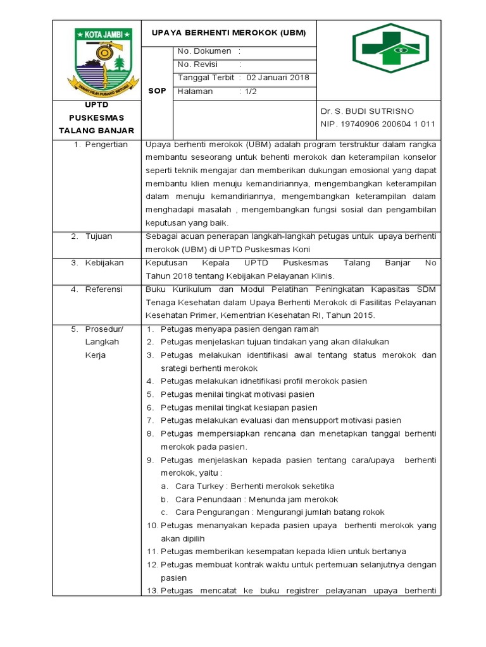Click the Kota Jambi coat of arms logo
tap(103, 59)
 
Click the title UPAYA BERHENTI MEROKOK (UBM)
tap(228, 33)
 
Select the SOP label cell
tap(157, 91)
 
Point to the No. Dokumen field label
tap(204, 51)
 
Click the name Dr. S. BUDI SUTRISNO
tap(367, 111)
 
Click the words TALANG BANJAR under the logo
tap(96, 131)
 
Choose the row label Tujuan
tap(99, 236)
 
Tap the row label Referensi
tap(105, 289)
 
